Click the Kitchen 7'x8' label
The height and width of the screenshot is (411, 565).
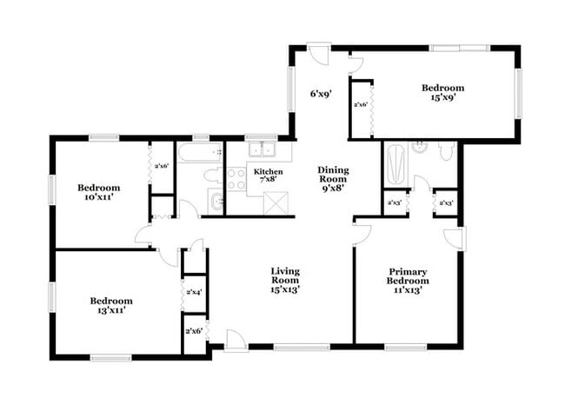point(268,176)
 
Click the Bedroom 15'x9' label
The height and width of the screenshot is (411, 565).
point(442,93)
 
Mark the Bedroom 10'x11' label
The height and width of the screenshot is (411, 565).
point(98,192)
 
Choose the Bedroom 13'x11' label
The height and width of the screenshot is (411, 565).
point(111,306)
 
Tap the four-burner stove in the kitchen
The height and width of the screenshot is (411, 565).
point(236,179)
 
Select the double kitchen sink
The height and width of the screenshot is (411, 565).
point(258,152)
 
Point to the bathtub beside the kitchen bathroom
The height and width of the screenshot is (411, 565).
point(201,151)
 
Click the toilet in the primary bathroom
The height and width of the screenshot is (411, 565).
point(445,153)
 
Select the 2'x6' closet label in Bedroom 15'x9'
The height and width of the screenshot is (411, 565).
point(360,105)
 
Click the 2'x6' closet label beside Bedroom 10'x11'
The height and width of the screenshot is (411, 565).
point(161,166)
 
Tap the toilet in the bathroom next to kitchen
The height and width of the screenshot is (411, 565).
point(212,175)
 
